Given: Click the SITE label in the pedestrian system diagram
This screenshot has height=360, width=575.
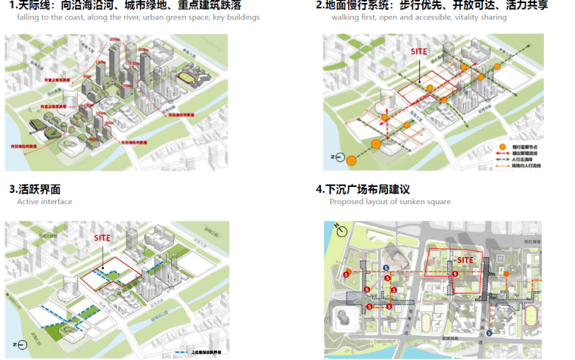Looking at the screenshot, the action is coord(418,51).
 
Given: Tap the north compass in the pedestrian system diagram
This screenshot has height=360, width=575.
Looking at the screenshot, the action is coord(337,157).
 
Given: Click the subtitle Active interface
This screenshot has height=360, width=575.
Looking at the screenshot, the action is coord(45,202).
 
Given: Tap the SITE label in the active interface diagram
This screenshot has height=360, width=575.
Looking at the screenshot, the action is coord(102,237).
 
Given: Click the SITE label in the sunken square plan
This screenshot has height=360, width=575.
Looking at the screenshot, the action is coord(465,260).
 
